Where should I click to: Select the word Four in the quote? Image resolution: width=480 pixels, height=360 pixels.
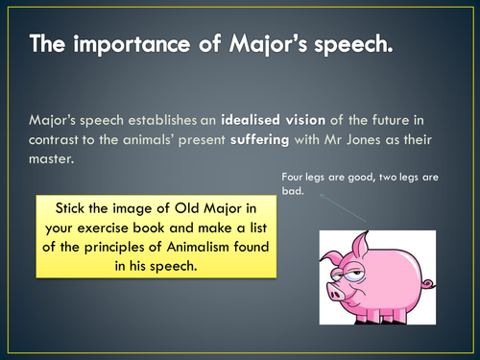point(295,177)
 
